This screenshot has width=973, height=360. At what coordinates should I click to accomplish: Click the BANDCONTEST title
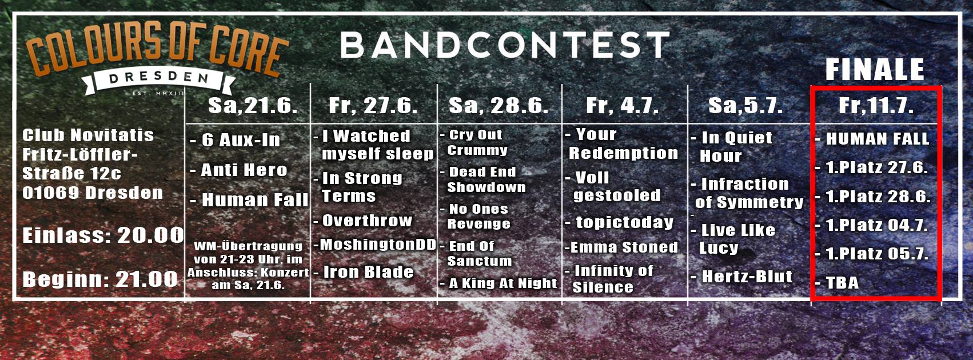coord(505,46)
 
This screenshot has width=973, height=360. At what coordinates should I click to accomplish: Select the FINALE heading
coord(875,70)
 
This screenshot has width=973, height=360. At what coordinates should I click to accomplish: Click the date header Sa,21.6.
coord(253,106)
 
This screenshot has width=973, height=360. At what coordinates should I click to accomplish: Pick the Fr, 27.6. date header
coord(373,106)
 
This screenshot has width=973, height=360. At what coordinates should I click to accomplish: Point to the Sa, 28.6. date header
coord(499,106)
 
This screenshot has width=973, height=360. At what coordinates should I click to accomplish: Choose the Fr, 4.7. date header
coord(623,106)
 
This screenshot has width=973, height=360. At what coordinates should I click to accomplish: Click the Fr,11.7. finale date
coord(876,106)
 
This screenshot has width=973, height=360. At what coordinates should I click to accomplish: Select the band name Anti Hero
coord(244,170)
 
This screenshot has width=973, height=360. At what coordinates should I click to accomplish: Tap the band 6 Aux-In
coord(241,140)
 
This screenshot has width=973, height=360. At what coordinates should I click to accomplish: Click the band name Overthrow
coord(367,221)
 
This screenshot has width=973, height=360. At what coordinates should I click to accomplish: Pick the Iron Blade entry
coord(368,272)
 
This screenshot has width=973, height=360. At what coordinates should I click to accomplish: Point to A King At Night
coord(503,283)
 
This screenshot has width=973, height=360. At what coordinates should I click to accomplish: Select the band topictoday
coord(625,222)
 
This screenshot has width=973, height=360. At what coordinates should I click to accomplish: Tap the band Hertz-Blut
coord(747,277)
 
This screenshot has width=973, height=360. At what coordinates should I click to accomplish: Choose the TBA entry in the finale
coord(842,283)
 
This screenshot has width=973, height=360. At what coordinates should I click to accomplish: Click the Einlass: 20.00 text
coord(103,236)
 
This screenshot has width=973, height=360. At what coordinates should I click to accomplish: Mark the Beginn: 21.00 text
coord(101,279)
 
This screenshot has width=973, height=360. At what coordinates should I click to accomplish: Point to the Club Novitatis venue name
coord(88,135)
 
